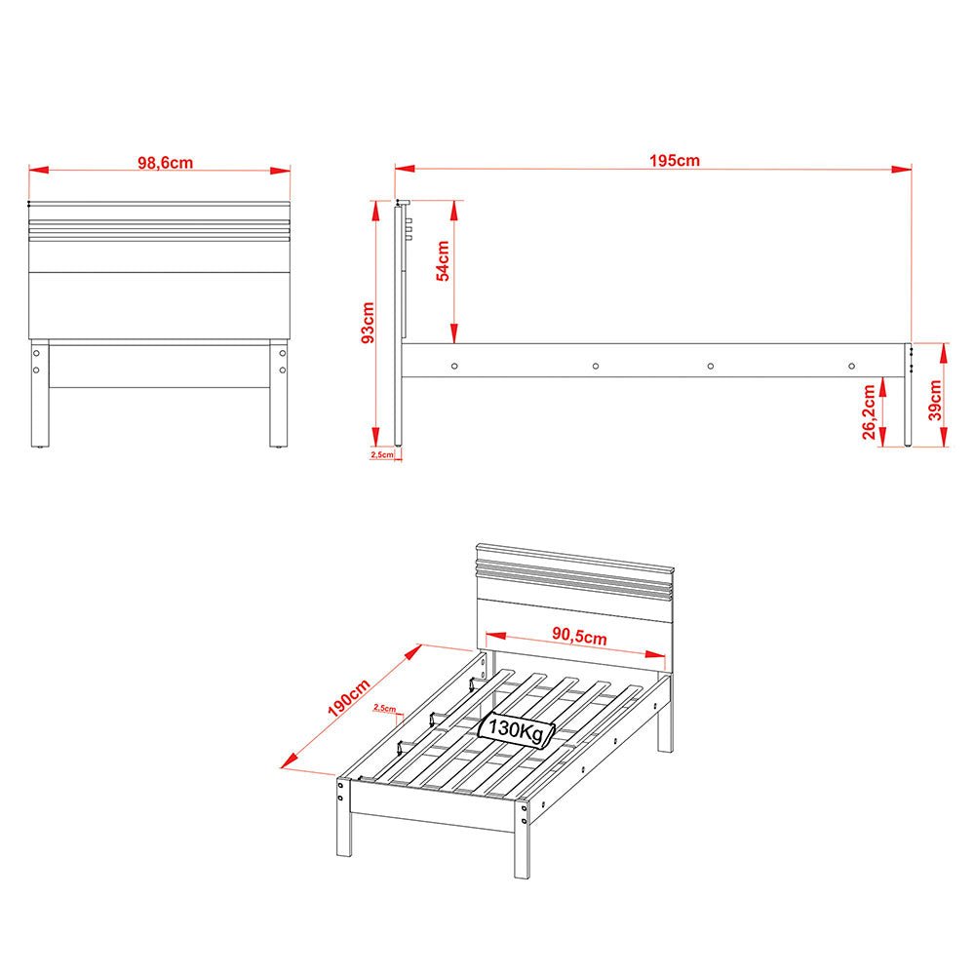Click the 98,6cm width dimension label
pyautogui.click(x=166, y=163)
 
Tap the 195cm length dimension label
pyautogui.click(x=675, y=161)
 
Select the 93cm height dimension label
pyautogui.click(x=368, y=323)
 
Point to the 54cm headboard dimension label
pyautogui.click(x=443, y=261)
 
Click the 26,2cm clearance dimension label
pyautogui.click(x=869, y=411)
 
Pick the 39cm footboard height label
pyautogui.click(x=935, y=401)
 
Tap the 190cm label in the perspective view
pyautogui.click(x=349, y=698)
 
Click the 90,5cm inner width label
pyautogui.click(x=579, y=636)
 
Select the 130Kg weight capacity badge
pyautogui.click(x=516, y=728)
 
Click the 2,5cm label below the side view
pyautogui.click(x=382, y=454)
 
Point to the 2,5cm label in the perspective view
pyautogui.click(x=384, y=708)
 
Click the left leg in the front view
pyautogui.click(x=40, y=393)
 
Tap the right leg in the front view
pyautogui.click(x=279, y=393)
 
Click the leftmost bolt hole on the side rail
pyautogui.click(x=454, y=367)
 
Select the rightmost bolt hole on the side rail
pyautogui.click(x=852, y=367)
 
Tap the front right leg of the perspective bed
pyautogui.click(x=522, y=838)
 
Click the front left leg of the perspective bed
pyautogui.click(x=344, y=816)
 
